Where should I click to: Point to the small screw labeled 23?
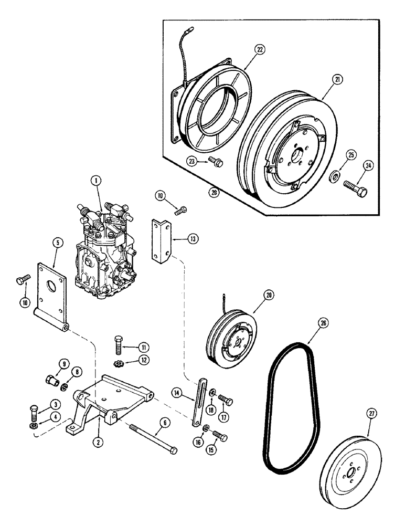pos(215,162)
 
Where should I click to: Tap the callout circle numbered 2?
pos(97,442)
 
